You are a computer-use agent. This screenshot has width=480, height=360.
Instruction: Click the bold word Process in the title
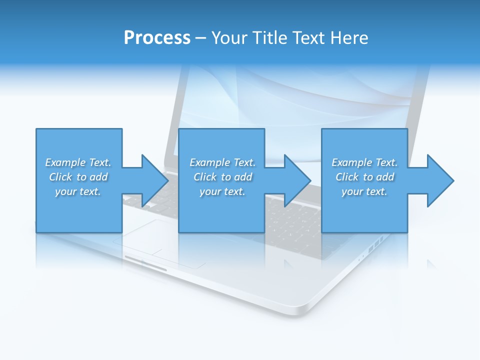coord(157,37)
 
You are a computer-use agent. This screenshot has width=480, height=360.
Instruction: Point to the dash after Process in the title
coord(200,38)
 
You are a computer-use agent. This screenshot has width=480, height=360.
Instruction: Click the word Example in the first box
coord(65,162)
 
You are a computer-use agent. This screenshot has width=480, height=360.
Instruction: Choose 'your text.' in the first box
coord(78,191)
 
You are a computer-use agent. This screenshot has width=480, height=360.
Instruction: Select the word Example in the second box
coord(209,162)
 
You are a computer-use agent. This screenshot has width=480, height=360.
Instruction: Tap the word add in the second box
coord(243,177)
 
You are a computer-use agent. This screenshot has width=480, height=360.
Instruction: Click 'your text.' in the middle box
coord(222,191)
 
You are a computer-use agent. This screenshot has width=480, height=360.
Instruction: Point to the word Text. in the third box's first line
coord(385,162)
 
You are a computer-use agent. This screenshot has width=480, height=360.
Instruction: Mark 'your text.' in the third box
coord(364,191)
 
